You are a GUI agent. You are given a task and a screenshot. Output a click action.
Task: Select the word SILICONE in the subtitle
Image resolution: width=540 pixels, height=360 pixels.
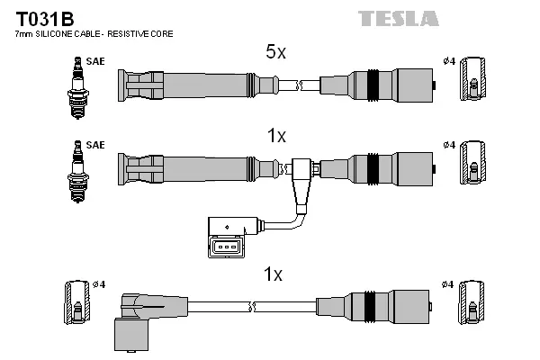coord(61,33)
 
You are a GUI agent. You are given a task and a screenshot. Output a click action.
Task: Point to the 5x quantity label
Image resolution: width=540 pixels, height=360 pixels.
coord(275,53)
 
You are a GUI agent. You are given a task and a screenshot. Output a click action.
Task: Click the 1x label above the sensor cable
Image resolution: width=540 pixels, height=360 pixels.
coord(276,137)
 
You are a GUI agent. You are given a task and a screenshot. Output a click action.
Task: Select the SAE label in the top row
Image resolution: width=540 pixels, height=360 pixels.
coord(94,61)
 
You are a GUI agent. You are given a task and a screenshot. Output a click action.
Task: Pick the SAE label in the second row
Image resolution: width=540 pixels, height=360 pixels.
coord(94,145)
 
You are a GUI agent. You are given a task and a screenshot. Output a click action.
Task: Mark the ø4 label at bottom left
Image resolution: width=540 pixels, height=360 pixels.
coord(99,285)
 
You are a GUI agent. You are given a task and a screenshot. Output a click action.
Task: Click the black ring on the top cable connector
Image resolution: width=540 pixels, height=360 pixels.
coord(371,85)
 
